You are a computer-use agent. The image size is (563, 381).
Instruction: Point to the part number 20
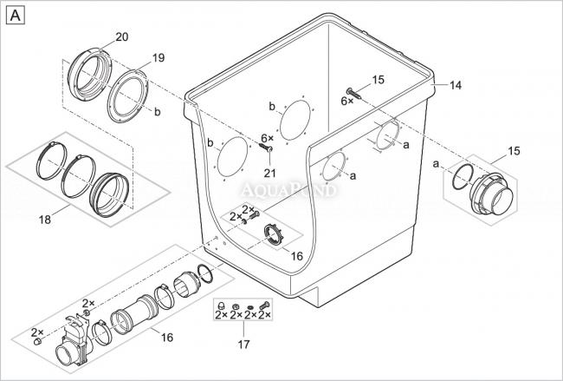point(121,36)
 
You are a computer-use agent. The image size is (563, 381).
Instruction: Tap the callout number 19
point(158,57)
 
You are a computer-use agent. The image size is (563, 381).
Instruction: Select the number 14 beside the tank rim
point(456,85)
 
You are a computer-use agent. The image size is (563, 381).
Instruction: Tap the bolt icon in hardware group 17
point(265,305)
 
